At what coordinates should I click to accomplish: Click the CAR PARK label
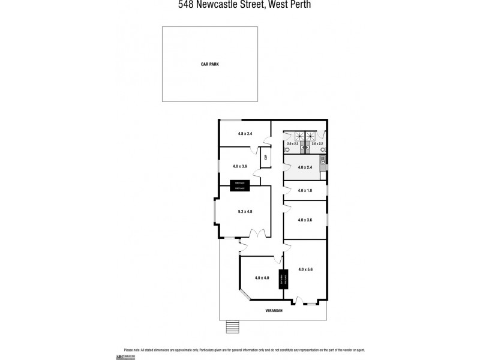pos(209,64)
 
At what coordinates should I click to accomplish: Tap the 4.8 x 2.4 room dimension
pos(245,133)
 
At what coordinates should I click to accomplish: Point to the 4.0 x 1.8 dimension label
pos(305,190)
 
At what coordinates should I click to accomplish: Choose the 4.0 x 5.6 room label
pos(305,269)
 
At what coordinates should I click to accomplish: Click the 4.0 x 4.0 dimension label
pos(262,277)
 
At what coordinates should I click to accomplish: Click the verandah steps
pos(232,327)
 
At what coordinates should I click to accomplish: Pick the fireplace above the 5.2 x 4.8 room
pos(239,185)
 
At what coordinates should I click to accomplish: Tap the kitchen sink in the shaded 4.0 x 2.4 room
pos(323,160)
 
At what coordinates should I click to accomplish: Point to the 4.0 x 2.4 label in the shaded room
pos(305,167)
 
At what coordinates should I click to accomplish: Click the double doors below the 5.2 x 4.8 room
pos(257,234)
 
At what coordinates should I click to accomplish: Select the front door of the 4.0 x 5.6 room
pos(300,301)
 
